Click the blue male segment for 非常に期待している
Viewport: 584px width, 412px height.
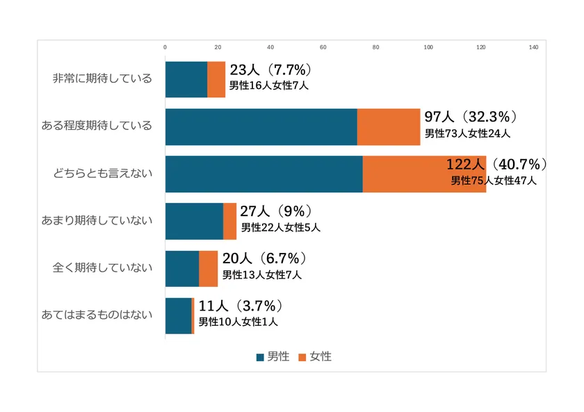[186, 79]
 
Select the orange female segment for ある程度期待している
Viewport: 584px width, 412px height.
[389, 126]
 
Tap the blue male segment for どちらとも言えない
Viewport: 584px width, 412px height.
[263, 174]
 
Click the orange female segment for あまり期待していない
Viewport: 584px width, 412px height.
[229, 221]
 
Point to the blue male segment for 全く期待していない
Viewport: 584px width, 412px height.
[182, 268]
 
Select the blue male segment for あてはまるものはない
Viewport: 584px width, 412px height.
[178, 315]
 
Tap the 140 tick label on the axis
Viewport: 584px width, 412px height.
[534, 47]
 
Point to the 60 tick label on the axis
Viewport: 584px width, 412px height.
[323, 47]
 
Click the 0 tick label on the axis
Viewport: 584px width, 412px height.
[165, 47]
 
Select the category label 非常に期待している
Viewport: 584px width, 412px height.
[102, 79]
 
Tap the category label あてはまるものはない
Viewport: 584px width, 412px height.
[97, 315]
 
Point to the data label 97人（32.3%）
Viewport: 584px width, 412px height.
[471, 116]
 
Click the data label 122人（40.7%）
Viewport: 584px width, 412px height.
[496, 165]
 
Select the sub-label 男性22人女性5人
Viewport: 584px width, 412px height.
[280, 227]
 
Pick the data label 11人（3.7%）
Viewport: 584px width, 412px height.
[240, 306]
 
